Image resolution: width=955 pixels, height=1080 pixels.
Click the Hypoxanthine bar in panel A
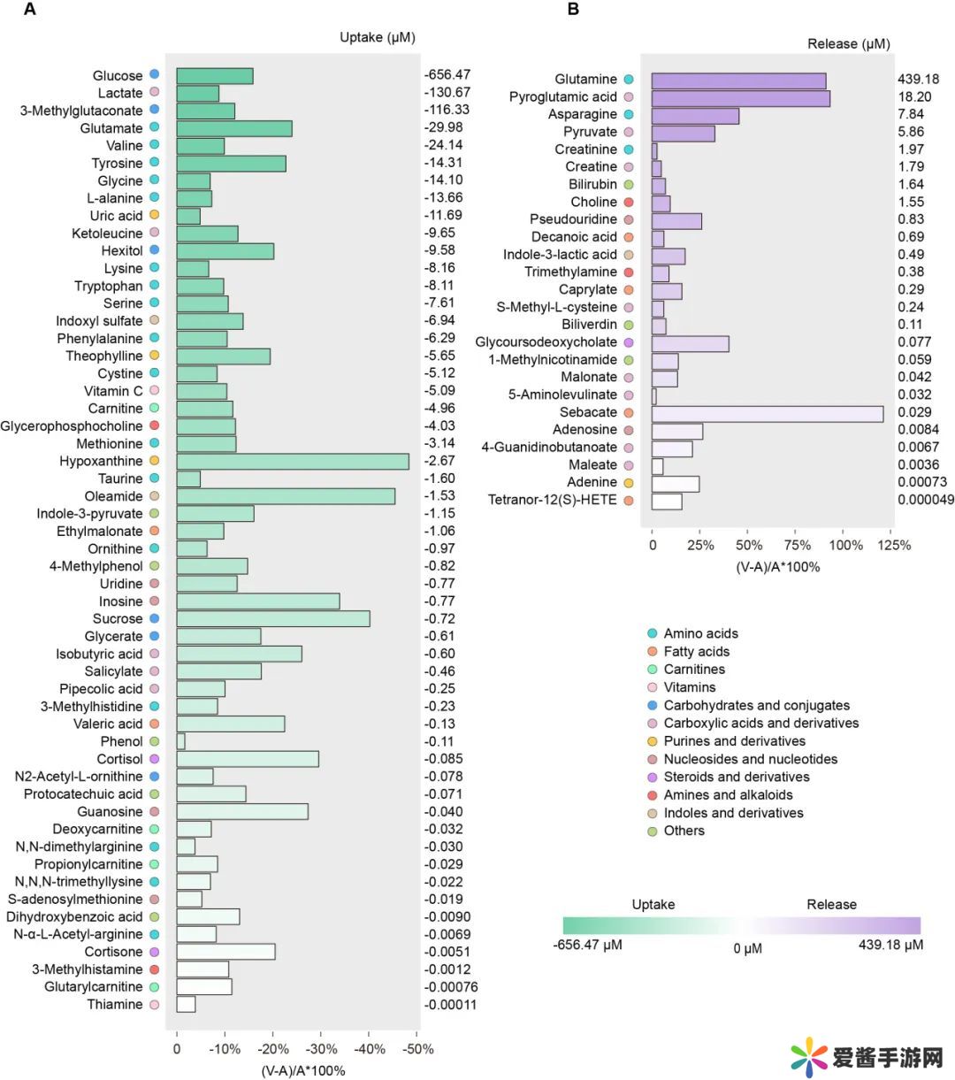[x=292, y=462]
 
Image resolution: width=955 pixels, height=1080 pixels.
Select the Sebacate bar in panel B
[x=767, y=413]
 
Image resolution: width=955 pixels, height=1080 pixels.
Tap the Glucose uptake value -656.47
[x=447, y=75]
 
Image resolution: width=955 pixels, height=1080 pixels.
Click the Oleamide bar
[x=285, y=496]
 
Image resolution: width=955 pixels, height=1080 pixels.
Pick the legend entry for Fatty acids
[x=696, y=652]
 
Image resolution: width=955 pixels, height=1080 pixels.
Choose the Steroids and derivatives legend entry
[x=736, y=777]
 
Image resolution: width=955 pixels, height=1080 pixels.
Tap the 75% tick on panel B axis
[x=798, y=545]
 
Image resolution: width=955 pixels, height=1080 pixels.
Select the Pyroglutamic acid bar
[x=740, y=97]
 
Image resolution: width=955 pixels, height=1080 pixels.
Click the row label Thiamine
[x=114, y=1005]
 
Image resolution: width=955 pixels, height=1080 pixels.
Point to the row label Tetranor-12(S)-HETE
[x=552, y=501]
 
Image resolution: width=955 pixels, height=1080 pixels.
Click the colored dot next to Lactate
[x=155, y=92]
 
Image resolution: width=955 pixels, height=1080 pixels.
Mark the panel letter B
[x=573, y=10]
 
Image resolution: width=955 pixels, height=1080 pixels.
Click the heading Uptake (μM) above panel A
[x=377, y=37]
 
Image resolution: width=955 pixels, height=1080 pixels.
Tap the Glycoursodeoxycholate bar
[x=690, y=342]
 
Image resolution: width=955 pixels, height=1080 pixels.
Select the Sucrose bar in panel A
[x=272, y=619]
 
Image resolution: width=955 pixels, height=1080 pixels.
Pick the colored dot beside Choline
[x=629, y=202]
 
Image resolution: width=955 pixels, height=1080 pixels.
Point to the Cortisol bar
[x=247, y=759]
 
